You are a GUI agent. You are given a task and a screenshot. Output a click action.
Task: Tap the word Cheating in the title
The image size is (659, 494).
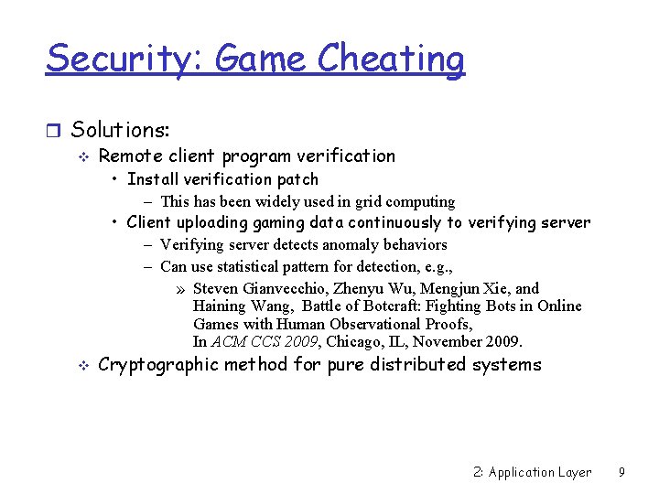click(x=391, y=59)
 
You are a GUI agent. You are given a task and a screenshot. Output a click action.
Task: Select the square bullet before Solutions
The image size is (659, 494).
click(x=55, y=131)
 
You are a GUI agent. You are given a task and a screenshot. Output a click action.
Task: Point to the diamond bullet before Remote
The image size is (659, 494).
click(x=81, y=157)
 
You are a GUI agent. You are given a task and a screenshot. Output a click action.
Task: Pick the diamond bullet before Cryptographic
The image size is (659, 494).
click(x=81, y=366)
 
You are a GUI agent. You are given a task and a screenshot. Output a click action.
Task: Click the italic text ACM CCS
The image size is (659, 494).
click(x=241, y=341)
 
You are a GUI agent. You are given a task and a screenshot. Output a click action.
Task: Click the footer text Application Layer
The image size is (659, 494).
click(x=540, y=472)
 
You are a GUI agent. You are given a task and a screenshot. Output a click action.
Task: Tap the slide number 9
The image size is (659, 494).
click(x=621, y=472)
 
